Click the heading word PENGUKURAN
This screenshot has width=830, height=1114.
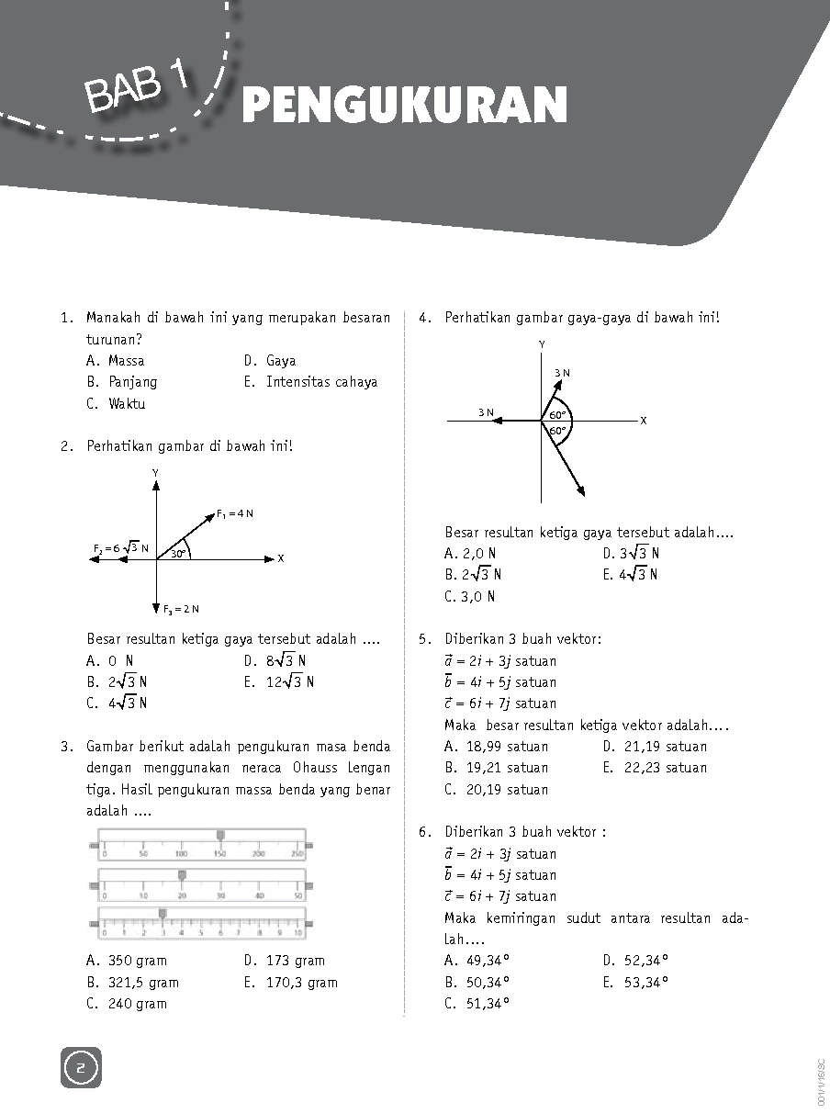[404, 106]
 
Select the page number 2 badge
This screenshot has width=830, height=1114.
[81, 1068]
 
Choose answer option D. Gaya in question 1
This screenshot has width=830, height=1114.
[270, 361]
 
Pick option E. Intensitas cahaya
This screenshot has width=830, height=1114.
[310, 382]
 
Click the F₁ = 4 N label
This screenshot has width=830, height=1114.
[235, 512]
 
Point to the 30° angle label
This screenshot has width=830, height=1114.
[178, 553]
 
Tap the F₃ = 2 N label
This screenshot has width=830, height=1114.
[182, 609]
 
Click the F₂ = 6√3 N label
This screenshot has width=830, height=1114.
[120, 548]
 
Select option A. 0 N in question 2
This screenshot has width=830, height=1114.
[110, 660]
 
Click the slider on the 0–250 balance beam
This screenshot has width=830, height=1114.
[220, 835]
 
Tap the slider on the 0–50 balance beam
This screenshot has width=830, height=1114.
[182, 874]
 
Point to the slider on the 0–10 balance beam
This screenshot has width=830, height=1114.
[163, 913]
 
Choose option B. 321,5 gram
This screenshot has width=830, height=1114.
[132, 983]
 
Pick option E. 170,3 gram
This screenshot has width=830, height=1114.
[290, 983]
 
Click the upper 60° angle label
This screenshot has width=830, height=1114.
[558, 414]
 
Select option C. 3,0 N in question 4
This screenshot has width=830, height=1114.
[469, 597]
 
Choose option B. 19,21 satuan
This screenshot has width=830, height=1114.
[496, 768]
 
